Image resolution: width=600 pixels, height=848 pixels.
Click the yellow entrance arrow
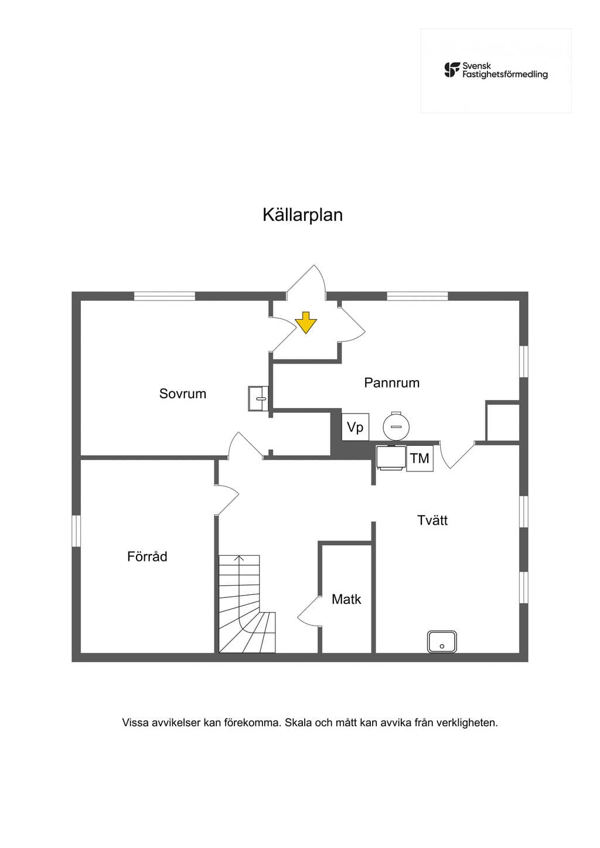click(306, 322)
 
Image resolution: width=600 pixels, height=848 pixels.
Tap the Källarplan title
click(303, 215)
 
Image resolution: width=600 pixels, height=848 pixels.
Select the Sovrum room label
click(183, 394)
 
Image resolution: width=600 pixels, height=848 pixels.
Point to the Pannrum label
click(391, 383)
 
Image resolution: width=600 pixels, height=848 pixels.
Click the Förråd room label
click(147, 556)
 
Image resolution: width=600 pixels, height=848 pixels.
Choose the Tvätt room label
click(432, 520)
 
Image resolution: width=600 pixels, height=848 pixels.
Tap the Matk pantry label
click(346, 599)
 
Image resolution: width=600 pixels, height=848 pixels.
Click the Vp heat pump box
click(355, 427)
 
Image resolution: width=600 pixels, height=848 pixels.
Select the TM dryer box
click(420, 459)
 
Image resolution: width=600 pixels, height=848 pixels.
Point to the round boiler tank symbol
click(396, 426)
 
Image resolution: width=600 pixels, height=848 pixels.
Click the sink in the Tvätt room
click(442, 641)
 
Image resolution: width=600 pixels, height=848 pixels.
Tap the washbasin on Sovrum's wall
click(258, 398)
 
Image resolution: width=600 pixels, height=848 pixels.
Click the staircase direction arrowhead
click(238, 558)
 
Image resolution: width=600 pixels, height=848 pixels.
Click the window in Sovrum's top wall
click(165, 296)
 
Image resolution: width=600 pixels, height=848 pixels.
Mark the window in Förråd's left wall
click(77, 531)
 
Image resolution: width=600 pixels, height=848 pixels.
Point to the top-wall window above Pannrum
click(417, 296)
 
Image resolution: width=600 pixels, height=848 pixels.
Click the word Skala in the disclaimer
click(299, 722)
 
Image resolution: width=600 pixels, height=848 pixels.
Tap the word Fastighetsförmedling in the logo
click(505, 74)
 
